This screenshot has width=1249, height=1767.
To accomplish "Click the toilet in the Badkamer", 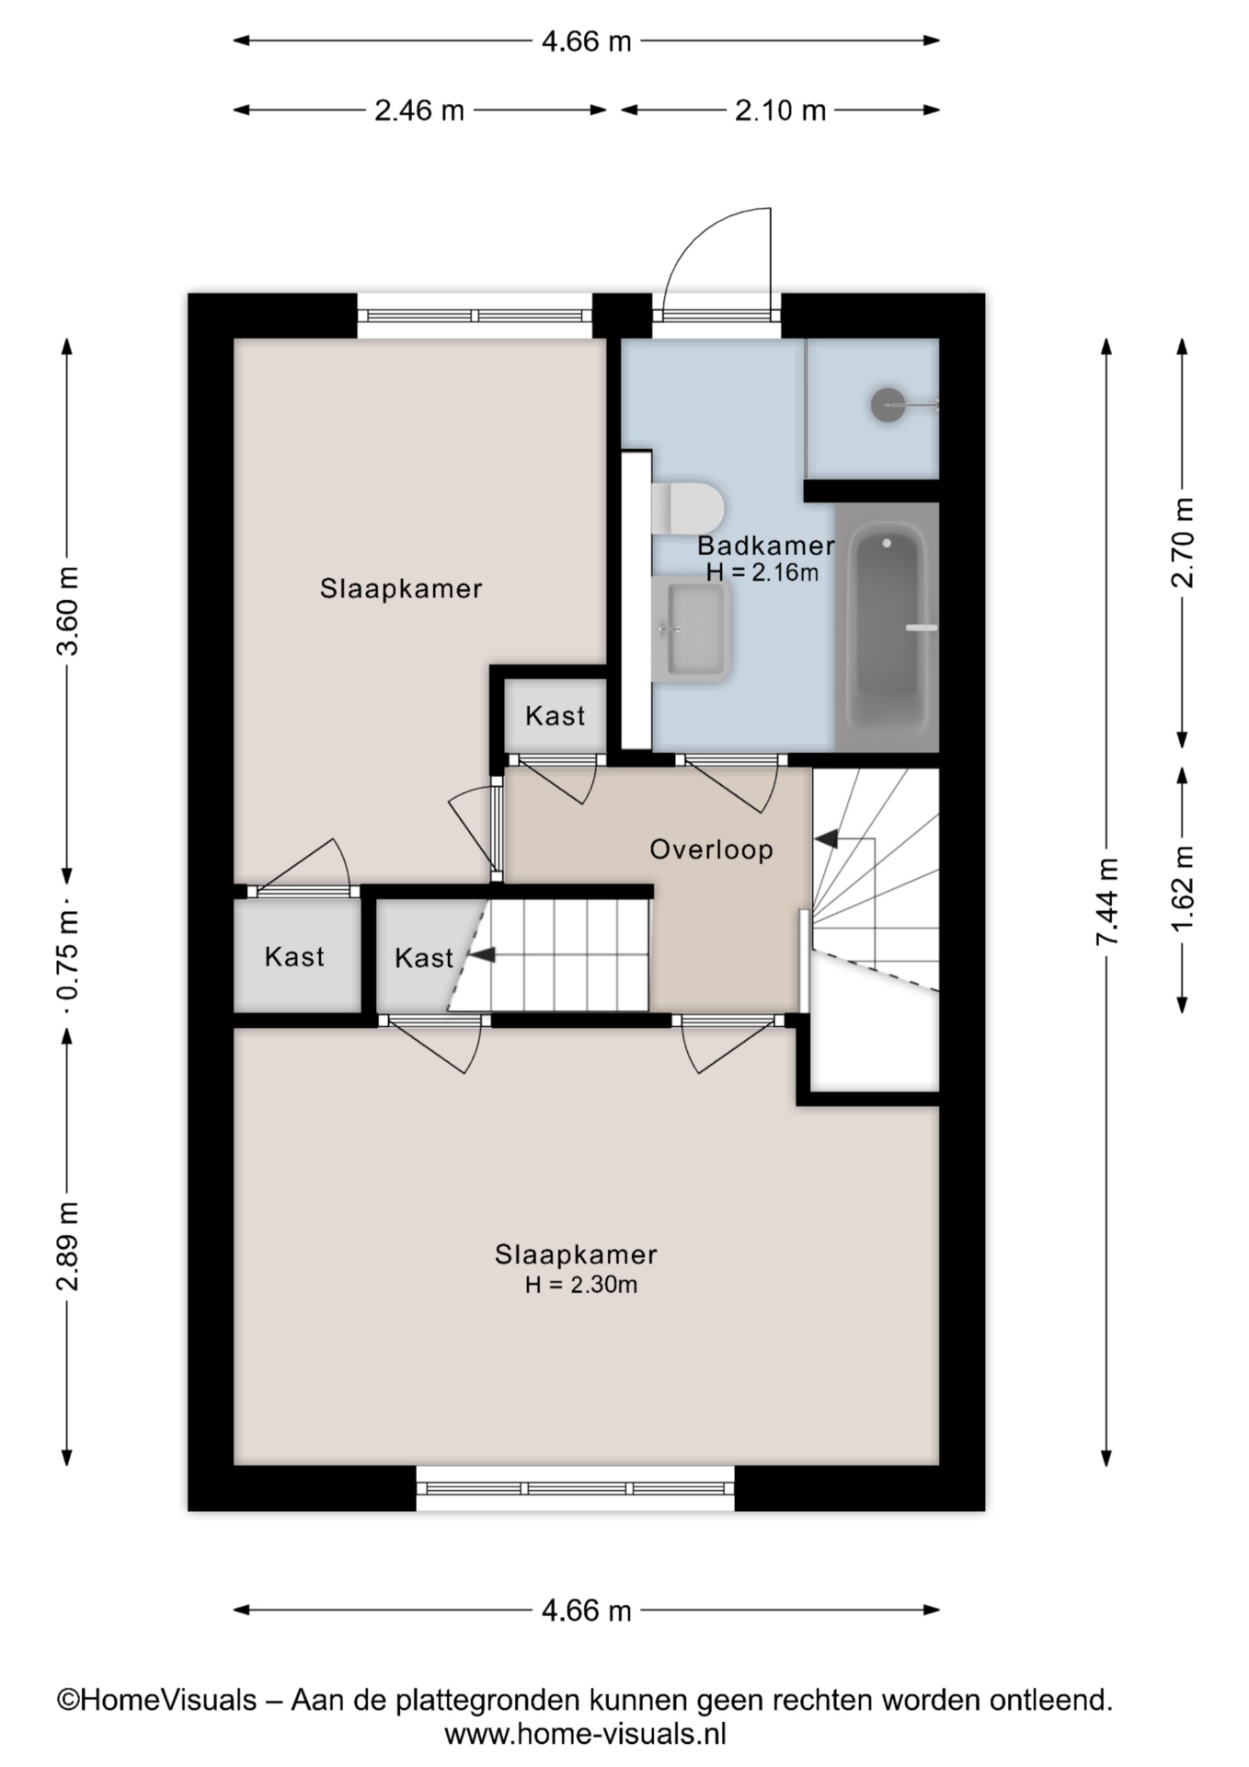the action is [x=688, y=507].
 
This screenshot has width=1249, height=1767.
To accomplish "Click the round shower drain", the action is [x=888, y=404].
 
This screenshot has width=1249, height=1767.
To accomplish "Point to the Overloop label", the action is [x=711, y=849].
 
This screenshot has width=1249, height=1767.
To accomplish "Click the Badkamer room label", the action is [x=766, y=546].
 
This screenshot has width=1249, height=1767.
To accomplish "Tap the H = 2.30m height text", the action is [x=581, y=1285].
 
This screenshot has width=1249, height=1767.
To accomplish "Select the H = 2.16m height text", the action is [x=762, y=572].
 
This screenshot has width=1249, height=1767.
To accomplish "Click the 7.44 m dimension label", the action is [x=1107, y=902].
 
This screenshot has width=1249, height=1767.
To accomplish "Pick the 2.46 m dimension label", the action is [x=419, y=110].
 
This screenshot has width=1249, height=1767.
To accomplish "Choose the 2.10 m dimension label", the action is [x=780, y=110].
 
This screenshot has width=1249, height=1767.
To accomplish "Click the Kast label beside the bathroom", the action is [x=556, y=716].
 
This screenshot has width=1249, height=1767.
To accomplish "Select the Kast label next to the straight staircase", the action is [x=424, y=958].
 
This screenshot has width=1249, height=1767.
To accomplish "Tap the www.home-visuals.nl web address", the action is [x=586, y=1734].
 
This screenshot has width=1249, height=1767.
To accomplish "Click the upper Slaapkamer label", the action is [x=401, y=589].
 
